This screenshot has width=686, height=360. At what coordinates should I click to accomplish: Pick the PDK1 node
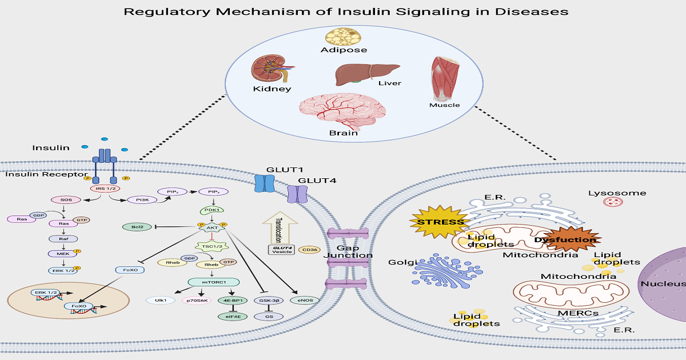pos(212,210)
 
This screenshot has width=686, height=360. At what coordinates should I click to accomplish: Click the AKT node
pos(212,227)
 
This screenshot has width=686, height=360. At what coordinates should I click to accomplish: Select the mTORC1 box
pos(213,281)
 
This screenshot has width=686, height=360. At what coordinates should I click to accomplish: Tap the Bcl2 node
pos(138,227)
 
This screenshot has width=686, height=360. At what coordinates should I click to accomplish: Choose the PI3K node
pos(138,199)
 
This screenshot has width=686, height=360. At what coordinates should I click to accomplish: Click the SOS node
pos(66,199)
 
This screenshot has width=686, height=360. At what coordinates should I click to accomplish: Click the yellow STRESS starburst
pos(440,222)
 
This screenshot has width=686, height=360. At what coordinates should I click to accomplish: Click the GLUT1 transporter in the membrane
pos(264,183)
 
